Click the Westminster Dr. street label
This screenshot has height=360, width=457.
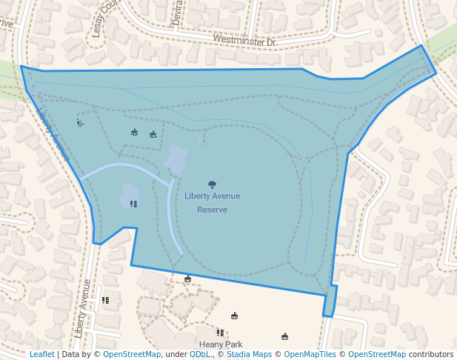tap(244, 41)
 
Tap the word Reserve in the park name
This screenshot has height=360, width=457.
tap(212, 210)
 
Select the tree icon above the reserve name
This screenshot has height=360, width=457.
tap(213, 184)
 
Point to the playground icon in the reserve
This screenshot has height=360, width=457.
tap(80, 122)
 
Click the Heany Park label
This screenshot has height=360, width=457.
tap(221, 344)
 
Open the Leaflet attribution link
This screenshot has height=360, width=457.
tap(41, 354)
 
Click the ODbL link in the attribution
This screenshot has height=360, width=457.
tap(199, 354)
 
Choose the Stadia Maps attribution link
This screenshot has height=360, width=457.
tap(249, 354)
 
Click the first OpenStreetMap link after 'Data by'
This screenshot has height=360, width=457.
tap(132, 354)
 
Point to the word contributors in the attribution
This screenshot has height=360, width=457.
tap(430, 354)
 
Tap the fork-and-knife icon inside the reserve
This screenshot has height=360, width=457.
tap(133, 204)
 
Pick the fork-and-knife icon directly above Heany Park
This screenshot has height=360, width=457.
tap(220, 333)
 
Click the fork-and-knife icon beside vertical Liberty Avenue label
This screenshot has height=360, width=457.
tap(105, 300)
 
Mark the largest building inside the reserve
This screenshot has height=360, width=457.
tap(176, 161)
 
